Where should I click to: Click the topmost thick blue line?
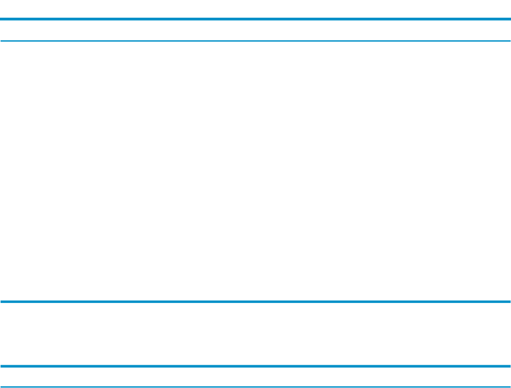coord(255,19)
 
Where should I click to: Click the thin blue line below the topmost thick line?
coord(255,40)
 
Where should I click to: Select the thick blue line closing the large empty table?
coord(255,302)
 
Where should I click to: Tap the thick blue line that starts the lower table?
coord(255,366)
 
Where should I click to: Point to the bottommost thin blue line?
coord(255,386)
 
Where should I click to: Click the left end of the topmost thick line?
coord(2,19)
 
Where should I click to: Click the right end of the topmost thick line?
coord(509,19)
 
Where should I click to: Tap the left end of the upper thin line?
coord(2,40)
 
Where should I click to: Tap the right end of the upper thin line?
coord(509,40)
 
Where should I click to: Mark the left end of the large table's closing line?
coord(2,302)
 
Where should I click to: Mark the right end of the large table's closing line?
coord(509,302)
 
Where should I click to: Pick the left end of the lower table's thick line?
coord(2,366)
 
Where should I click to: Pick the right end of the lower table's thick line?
coord(509,366)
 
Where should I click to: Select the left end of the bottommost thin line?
coord(2,386)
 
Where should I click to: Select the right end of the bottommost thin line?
coord(509,386)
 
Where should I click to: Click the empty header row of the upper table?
coord(255,30)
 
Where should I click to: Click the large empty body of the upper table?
coord(255,171)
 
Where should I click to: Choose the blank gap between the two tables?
coord(255,334)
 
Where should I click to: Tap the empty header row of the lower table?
coord(255,376)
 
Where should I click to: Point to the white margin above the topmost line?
coord(255,8)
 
